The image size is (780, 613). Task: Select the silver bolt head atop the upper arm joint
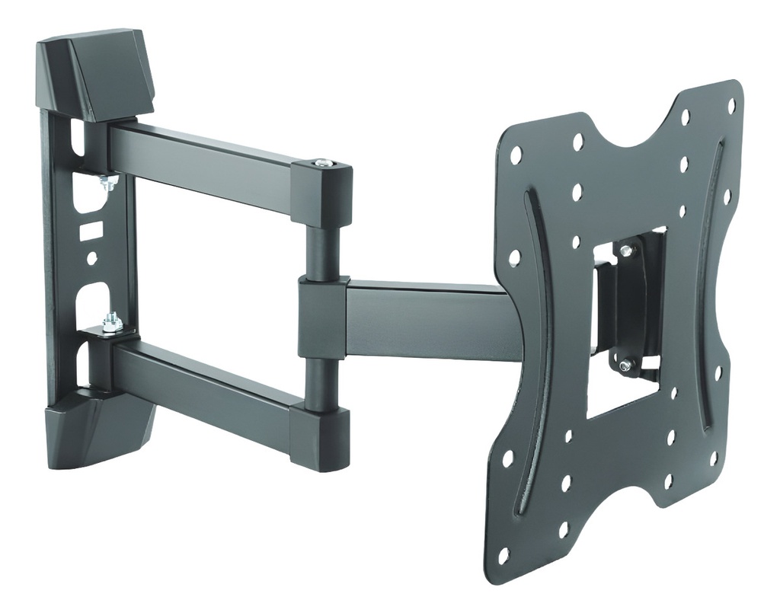pyautogui.click(x=324, y=162)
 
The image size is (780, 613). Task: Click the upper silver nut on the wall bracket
pyautogui.click(x=108, y=182)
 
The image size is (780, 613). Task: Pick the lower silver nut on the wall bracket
pyautogui.click(x=112, y=323)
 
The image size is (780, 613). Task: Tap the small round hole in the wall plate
pyautogui.click(x=91, y=258)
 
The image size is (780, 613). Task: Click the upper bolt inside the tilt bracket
pyautogui.click(x=625, y=251)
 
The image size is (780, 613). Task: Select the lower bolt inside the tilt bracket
pyautogui.click(x=625, y=366)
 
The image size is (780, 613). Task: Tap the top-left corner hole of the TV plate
pyautogui.click(x=516, y=155)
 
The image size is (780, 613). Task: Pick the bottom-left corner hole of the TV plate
pyautogui.click(x=503, y=555)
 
